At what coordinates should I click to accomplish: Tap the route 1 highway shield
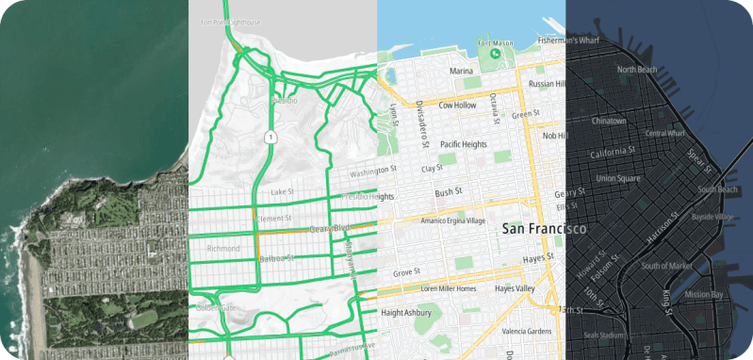tap(271, 138)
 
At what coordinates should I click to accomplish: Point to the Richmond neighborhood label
tap(223, 249)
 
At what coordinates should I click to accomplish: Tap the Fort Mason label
tap(497, 42)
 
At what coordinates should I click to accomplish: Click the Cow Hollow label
tap(458, 106)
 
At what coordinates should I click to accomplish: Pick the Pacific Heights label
tap(463, 144)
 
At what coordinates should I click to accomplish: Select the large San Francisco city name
tap(545, 229)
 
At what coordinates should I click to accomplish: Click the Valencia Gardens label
tap(528, 331)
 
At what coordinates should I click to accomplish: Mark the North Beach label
tap(636, 70)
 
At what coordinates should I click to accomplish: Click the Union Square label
tap(618, 178)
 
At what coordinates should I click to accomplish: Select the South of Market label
tap(667, 266)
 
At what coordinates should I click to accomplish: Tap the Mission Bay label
tap(704, 294)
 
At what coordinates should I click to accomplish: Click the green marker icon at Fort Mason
tap(496, 55)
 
